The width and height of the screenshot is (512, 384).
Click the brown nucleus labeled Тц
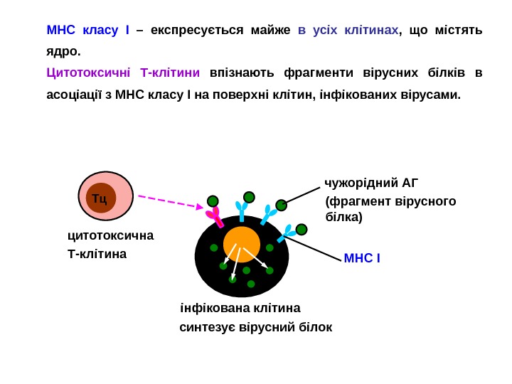pos(101,198)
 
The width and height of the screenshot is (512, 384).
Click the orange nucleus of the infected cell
pos(242,245)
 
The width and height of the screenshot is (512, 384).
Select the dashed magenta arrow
pos(171,201)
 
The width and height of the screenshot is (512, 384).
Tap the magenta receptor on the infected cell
pos(214,216)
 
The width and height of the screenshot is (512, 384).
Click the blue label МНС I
pos(362,257)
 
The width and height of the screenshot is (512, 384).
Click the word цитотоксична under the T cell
pos(110,235)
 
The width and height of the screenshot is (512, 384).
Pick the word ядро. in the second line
pos(63,51)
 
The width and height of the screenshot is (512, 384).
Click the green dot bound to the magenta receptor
pos(213,201)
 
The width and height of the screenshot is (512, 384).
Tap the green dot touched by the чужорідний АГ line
pos(282,205)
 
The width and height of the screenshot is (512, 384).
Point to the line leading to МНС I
pos(313,249)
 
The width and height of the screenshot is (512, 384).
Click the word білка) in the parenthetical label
pos(343,217)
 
